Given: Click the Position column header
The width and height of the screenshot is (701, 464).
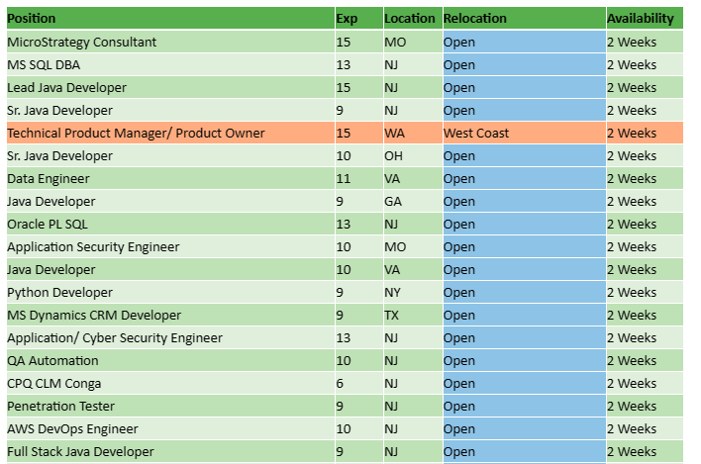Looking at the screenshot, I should [x=32, y=19].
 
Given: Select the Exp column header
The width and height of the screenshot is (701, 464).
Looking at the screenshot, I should [x=347, y=19].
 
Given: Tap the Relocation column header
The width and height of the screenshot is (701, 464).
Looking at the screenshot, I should [x=474, y=19].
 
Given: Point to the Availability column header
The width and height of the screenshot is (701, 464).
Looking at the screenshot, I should [x=640, y=19].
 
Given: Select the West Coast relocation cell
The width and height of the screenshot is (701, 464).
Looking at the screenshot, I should [x=476, y=133].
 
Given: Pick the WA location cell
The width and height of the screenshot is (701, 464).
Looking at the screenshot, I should [x=394, y=133].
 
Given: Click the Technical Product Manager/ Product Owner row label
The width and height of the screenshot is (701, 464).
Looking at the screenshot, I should [x=136, y=133].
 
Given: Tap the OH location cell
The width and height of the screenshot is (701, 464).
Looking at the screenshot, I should [x=393, y=155].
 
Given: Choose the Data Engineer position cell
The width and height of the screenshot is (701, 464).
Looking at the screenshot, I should [x=49, y=178].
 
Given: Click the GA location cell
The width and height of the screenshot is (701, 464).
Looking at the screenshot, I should [x=393, y=201].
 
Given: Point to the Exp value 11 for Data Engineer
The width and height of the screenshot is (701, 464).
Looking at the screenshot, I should [x=344, y=178].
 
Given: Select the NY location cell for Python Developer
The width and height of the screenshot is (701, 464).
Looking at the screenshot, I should [x=393, y=292].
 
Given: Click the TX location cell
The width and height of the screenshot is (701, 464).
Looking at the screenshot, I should [x=392, y=315].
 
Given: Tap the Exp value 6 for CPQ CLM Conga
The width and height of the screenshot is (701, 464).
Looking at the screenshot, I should [x=341, y=383].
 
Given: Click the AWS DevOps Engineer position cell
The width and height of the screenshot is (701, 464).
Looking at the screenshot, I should [x=72, y=428].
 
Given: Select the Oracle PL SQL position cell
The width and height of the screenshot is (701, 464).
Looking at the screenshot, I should [x=48, y=224].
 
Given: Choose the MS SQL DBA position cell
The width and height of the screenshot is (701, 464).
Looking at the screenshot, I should [x=45, y=64].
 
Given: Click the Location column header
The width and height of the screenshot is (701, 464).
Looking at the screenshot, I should [x=409, y=19].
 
